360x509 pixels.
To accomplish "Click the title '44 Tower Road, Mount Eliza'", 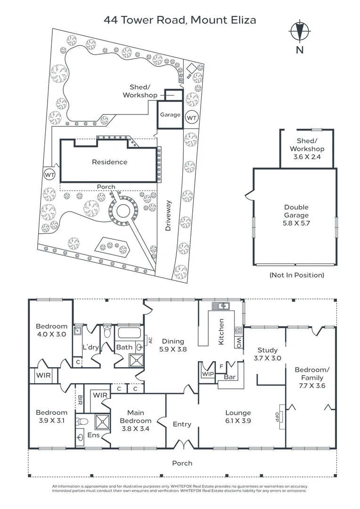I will click(180, 20).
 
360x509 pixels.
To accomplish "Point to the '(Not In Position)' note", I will click(296, 275).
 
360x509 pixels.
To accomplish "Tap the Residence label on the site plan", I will click(109, 162).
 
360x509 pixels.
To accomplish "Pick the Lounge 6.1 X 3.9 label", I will click(238, 417).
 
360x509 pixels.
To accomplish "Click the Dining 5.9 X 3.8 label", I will click(172, 345).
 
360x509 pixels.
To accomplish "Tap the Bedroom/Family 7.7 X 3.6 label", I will click(312, 378).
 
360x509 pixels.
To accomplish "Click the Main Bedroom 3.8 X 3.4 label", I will click(136, 420).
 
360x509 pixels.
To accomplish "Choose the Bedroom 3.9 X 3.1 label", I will click(51, 416).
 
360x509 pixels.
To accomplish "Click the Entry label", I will click(182, 424).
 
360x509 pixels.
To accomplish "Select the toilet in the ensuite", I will click(83, 421).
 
